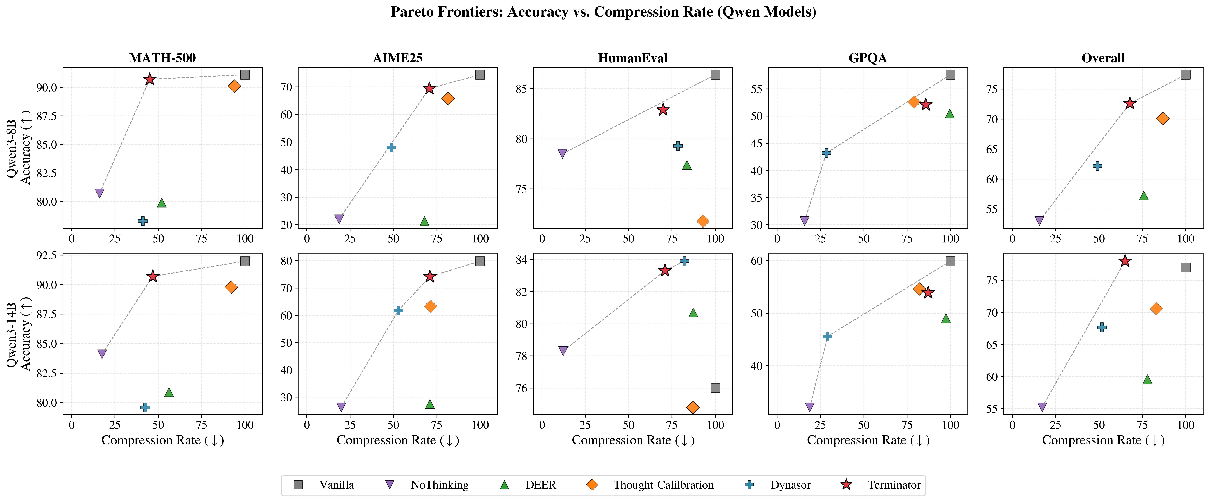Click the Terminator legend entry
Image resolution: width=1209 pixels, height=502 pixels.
(x=894, y=485)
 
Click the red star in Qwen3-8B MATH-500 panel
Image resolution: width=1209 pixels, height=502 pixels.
(x=150, y=79)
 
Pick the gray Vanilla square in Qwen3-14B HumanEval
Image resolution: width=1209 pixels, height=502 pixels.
(x=715, y=388)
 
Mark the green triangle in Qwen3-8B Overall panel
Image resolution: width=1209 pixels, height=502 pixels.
(x=1143, y=195)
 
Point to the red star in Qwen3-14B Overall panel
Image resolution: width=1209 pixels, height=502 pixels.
(x=1125, y=261)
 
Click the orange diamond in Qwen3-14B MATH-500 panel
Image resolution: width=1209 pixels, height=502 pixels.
(x=231, y=287)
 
